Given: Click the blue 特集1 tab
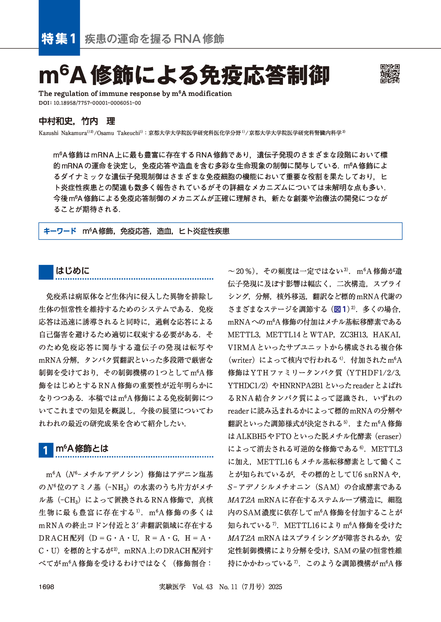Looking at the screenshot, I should coord(59,39).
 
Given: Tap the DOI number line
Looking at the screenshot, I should coord(90,103).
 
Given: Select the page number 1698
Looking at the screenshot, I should coord(47,587).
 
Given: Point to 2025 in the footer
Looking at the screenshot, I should coord(275,587).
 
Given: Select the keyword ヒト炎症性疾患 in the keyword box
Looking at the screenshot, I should coord(204,231).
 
